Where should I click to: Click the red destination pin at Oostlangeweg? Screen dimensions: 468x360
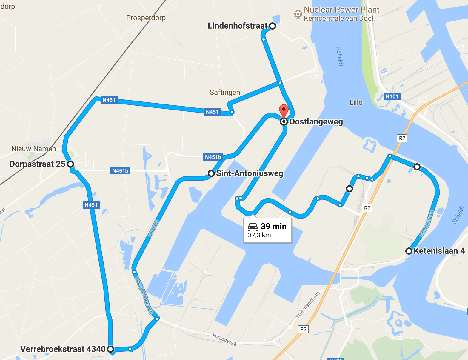[x=284, y=111]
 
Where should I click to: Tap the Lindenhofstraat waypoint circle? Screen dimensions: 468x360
[x=272, y=26]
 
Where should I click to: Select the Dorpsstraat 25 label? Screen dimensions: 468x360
[x=37, y=164]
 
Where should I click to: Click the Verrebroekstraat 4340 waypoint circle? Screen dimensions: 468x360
[x=110, y=349]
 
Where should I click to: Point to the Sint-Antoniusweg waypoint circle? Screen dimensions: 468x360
[x=211, y=173]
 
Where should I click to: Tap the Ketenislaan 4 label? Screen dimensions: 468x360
[x=439, y=251]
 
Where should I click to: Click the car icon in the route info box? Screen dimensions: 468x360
[x=253, y=227]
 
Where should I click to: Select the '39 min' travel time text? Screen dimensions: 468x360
[x=274, y=226]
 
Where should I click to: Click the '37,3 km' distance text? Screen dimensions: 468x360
[x=259, y=235]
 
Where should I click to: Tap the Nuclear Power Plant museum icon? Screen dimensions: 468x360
[x=298, y=14]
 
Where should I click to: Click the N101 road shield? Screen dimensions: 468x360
[x=392, y=96]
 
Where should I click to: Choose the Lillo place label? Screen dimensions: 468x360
[x=356, y=102]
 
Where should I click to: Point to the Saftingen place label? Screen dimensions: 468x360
[x=225, y=92]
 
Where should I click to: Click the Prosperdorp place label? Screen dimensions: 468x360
[x=146, y=18]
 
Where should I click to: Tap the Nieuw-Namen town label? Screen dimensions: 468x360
[x=34, y=149]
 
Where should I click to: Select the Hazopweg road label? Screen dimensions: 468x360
[x=224, y=339]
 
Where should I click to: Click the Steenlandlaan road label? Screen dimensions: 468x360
[x=307, y=305]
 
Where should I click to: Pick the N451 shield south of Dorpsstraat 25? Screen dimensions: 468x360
[x=91, y=205]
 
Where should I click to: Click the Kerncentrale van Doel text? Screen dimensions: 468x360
[x=338, y=19]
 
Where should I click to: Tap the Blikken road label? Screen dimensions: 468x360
[x=153, y=228]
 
